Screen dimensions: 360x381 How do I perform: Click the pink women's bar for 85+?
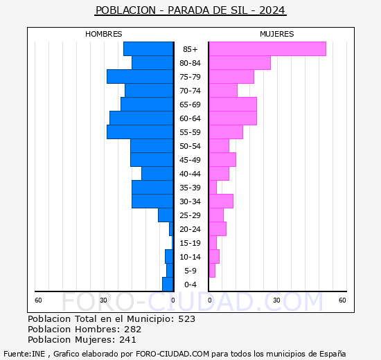tap(267, 49)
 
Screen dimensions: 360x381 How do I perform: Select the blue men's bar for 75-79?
tap(140, 77)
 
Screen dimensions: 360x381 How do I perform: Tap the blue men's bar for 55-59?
tap(140, 132)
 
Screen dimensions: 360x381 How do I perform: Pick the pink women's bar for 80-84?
tap(239, 63)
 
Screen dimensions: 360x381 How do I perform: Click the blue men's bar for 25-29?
tap(166, 215)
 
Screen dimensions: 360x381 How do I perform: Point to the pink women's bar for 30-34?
tap(221, 201)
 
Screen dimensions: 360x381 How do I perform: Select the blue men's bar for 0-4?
tap(168, 285)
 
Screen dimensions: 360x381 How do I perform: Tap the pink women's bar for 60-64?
tap(232, 118)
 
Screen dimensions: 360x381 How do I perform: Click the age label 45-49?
tap(190, 160)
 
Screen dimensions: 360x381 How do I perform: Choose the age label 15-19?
tap(190, 243)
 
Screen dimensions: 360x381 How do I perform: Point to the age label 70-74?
tap(190, 91)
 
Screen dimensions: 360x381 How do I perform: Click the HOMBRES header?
tap(103, 34)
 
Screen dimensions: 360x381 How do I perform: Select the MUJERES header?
tap(276, 34)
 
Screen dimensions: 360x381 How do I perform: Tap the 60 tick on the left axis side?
tap(39, 300)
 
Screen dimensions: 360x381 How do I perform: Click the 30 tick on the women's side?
tap(276, 300)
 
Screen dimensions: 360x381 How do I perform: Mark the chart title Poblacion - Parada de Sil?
tap(190, 10)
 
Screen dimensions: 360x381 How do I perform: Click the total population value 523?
tap(186, 319)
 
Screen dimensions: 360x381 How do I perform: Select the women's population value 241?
tap(127, 340)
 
